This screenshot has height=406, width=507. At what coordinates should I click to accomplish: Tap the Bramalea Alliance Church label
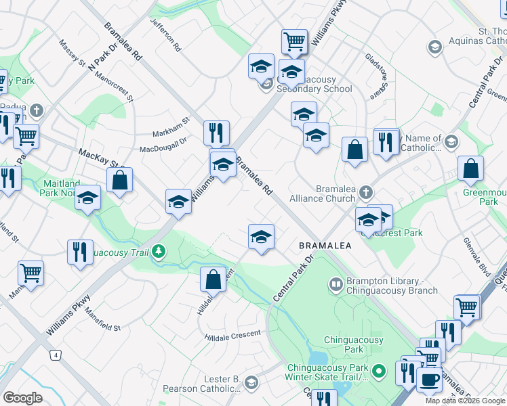[322, 194]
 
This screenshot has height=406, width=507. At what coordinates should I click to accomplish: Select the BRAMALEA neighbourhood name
[325, 246]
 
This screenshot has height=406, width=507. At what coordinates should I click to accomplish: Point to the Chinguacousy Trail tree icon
[159, 252]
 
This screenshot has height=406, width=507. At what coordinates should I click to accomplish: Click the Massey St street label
[71, 56]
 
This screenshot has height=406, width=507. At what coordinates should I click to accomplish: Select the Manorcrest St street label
[115, 86]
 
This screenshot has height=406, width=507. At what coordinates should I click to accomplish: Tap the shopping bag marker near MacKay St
[120, 181]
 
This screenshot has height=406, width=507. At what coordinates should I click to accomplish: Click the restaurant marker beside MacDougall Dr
[216, 133]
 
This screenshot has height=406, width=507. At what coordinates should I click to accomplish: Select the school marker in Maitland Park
[87, 199]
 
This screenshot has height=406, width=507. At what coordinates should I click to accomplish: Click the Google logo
[22, 398]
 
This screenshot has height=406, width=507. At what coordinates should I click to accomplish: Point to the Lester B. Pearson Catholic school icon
[251, 384]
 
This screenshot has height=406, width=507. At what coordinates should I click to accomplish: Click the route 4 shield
[54, 355]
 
